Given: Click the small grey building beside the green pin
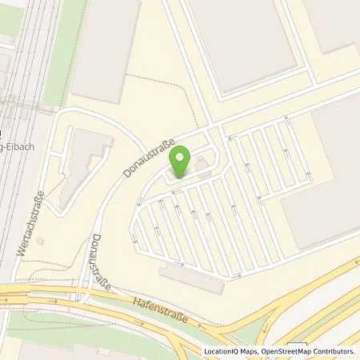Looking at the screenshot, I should [201, 166].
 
